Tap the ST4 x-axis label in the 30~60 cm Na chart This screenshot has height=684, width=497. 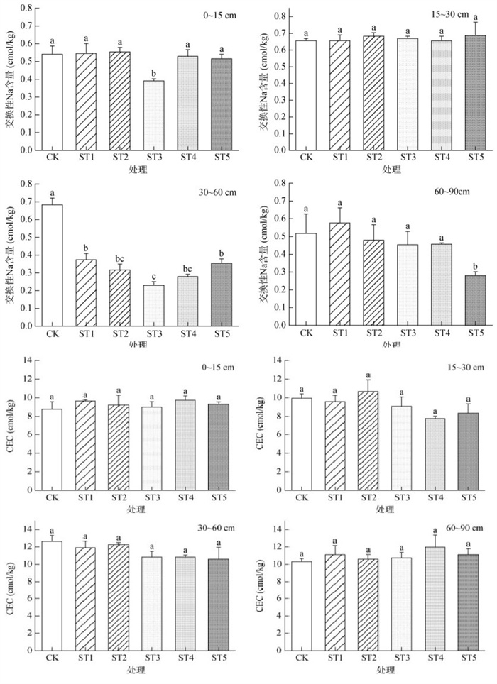[x=186, y=333]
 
